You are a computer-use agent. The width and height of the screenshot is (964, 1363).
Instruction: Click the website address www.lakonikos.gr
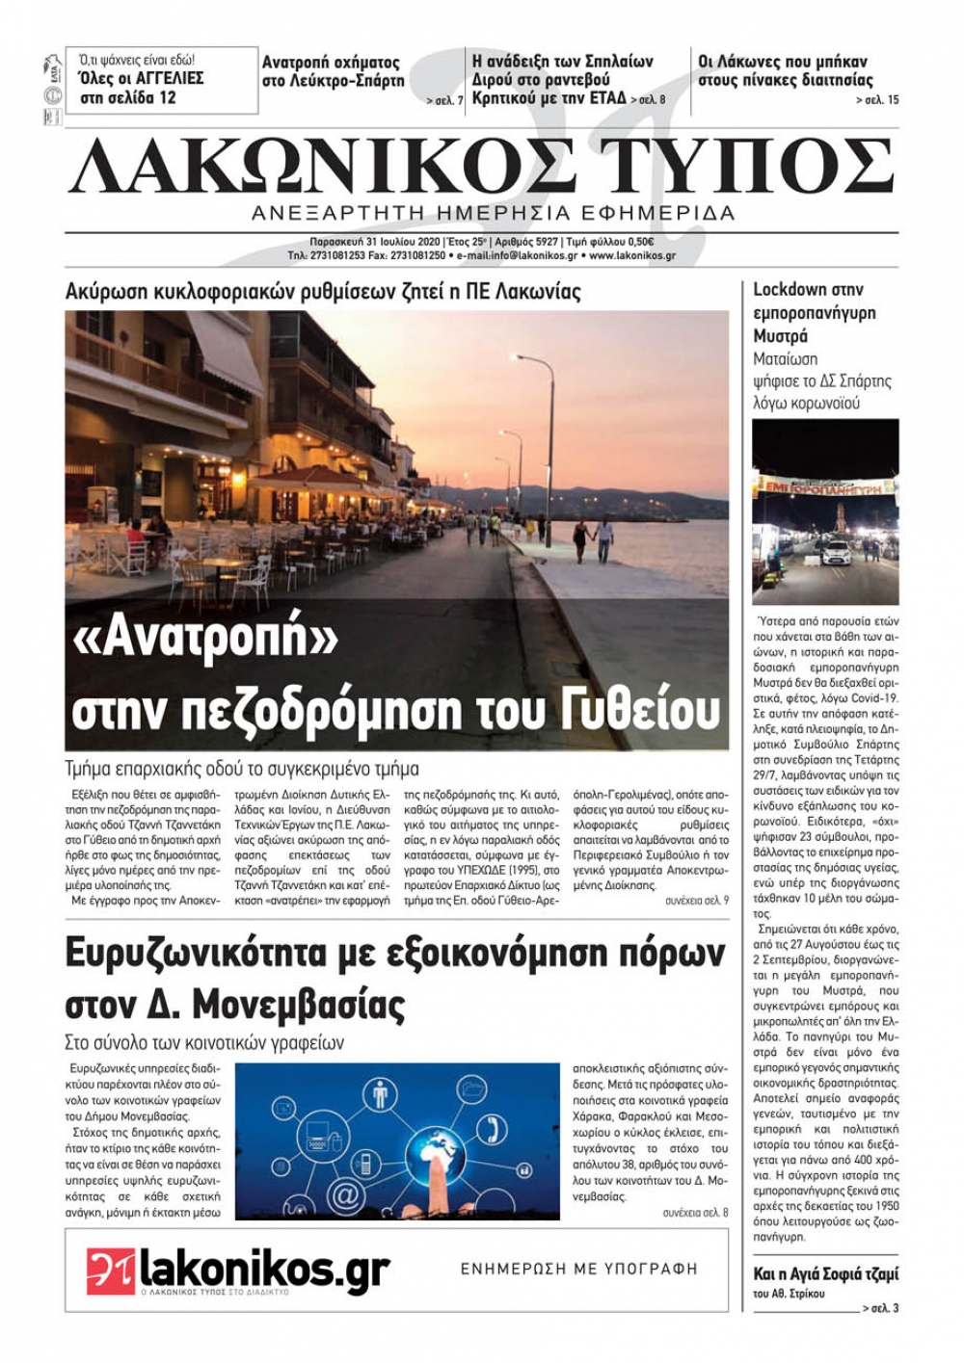[x=632, y=256]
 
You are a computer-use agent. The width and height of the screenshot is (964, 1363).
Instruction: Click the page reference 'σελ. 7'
[x=445, y=100]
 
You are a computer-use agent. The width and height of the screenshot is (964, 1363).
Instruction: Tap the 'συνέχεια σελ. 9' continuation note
[x=696, y=900]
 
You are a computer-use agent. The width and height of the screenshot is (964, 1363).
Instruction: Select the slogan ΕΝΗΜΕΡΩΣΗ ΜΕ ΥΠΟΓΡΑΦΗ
[x=578, y=1269]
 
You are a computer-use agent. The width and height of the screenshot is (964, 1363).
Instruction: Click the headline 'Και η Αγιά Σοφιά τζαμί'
[x=825, y=1273]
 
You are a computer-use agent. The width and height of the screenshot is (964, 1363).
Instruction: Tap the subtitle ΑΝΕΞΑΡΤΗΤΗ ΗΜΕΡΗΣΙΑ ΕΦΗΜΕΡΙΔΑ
[x=493, y=213]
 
